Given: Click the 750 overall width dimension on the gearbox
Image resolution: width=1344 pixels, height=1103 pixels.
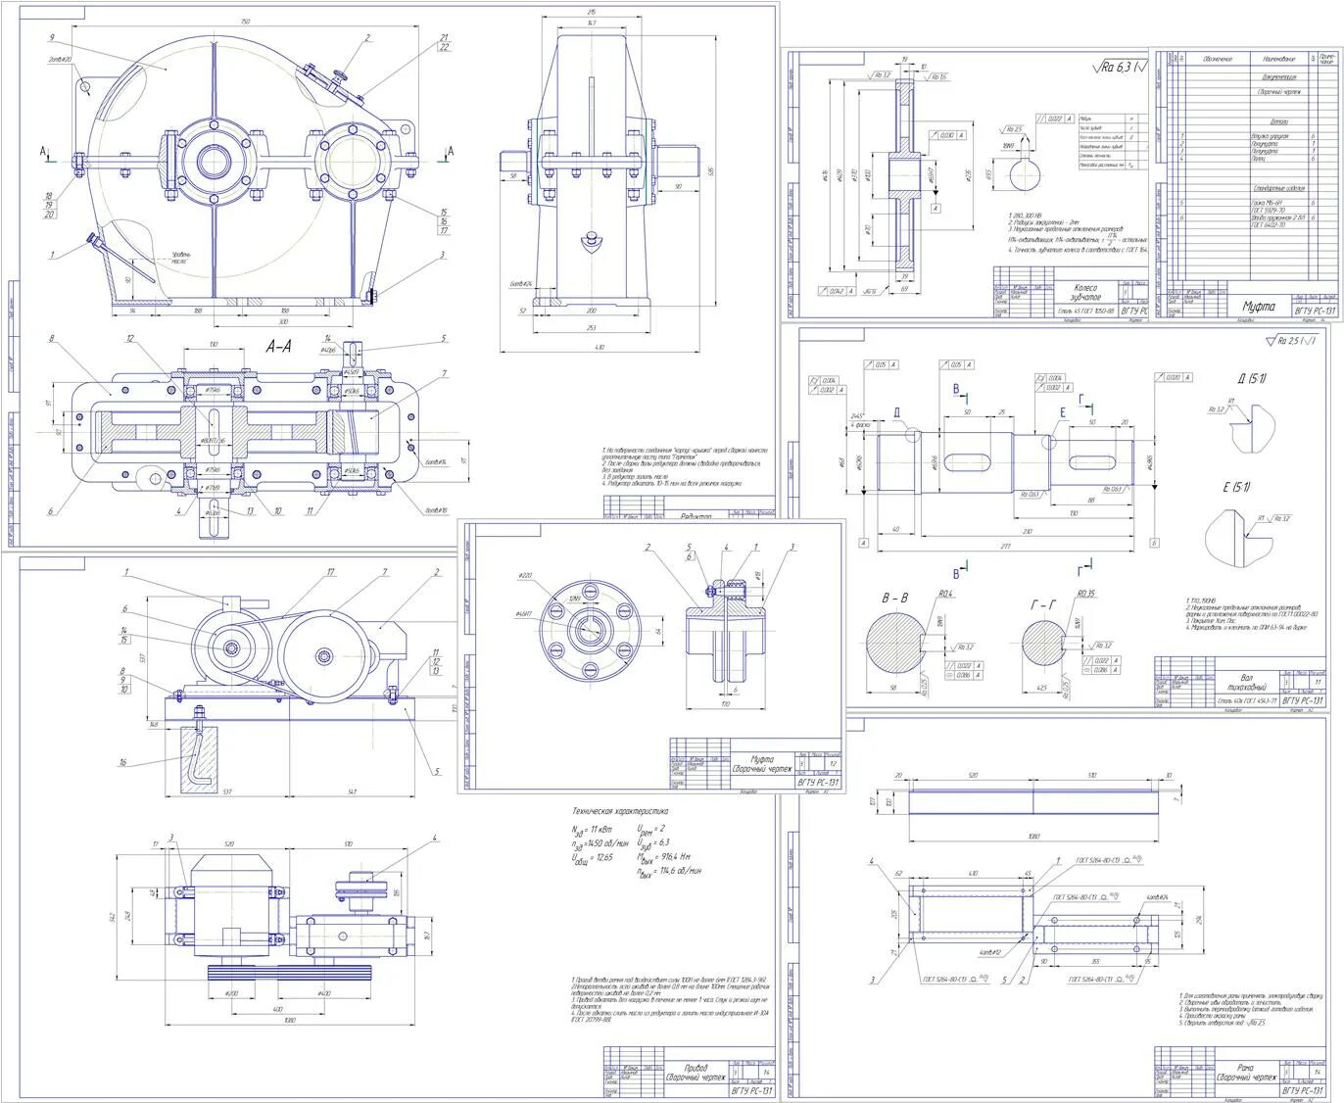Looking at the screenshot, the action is [x=244, y=21].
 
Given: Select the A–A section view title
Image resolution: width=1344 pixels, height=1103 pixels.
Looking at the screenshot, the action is [x=278, y=346].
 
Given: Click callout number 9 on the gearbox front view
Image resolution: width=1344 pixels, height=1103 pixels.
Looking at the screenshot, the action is [x=50, y=37].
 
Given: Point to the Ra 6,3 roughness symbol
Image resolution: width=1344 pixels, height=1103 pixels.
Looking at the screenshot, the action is [x=1117, y=68].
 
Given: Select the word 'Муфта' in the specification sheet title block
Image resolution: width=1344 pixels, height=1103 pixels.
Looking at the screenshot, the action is [x=1259, y=307].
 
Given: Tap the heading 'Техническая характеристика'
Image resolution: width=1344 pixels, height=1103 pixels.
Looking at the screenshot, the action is [x=620, y=811].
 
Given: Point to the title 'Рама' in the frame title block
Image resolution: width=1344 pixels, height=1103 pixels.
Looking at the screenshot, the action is [x=1245, y=1068].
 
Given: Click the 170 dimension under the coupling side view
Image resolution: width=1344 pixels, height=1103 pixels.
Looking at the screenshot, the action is [x=725, y=703].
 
